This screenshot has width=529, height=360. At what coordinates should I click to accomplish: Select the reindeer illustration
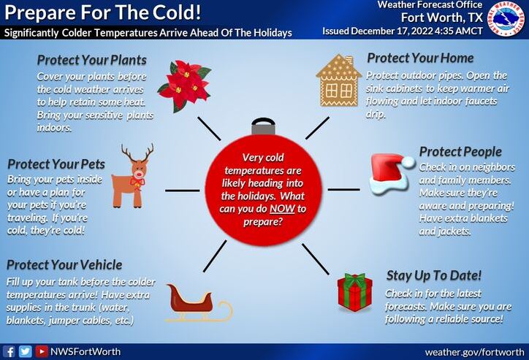pos(133,175)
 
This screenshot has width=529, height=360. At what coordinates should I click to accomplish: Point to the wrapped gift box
pos(354,292)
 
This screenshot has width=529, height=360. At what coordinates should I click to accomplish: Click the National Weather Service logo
pos(507,20)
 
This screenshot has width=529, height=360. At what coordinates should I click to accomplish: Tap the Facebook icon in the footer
pos(9,351)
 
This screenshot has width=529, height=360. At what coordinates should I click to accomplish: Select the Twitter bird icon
pos(26,351)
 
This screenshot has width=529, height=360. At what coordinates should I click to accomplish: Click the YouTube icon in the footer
pos(42,351)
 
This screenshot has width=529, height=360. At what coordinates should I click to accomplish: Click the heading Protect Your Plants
pos(91,60)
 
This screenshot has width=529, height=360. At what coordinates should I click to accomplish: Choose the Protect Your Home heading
pos(420,58)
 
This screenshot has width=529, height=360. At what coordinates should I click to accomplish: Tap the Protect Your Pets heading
pos(56,164)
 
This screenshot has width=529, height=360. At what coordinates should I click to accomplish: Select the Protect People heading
pos(460,151)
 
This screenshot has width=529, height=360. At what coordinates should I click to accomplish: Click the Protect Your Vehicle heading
pos(64,264)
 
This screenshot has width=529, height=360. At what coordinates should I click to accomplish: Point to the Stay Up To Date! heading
pos(433,275)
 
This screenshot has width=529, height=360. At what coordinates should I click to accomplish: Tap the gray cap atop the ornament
pos(264,126)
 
